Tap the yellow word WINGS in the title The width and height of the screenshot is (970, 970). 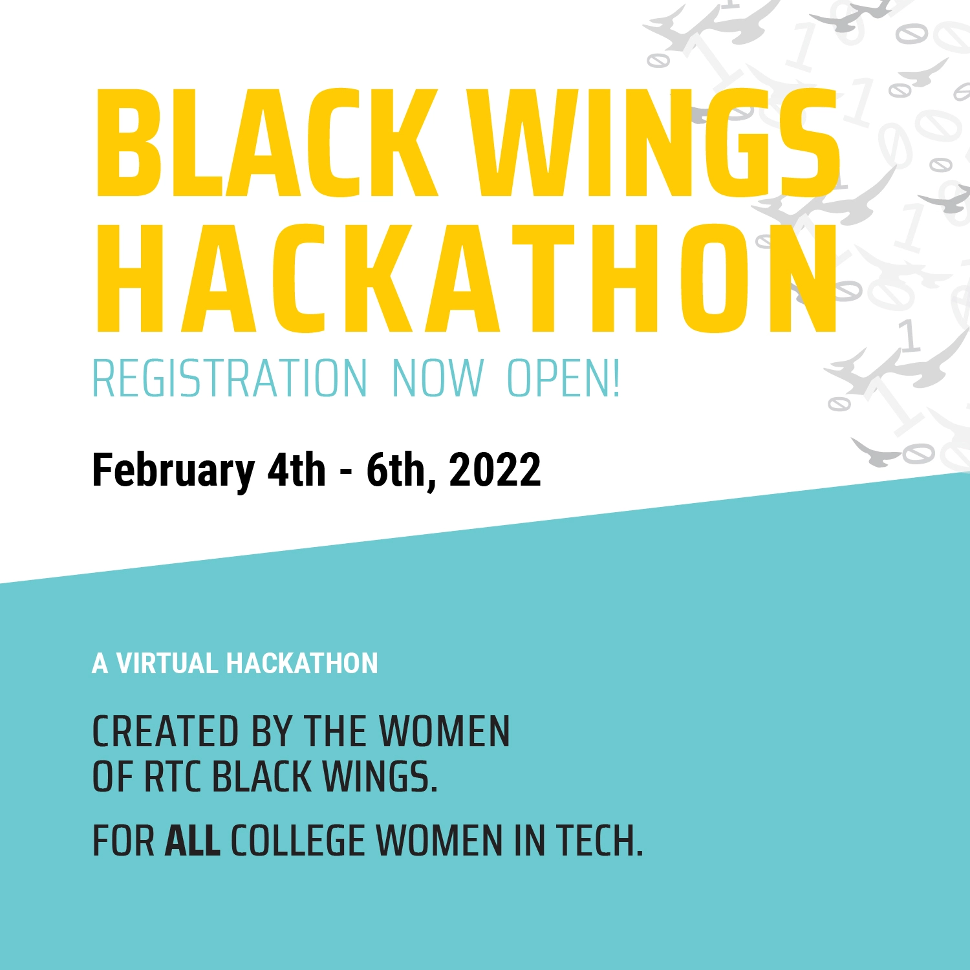tap(658, 142)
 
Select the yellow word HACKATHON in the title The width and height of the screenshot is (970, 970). tap(466, 279)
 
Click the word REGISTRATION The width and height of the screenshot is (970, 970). tap(230, 378)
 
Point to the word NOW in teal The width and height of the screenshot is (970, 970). tap(438, 378)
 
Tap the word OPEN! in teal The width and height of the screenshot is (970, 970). tap(563, 378)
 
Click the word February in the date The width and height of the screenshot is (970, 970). tap(173, 471)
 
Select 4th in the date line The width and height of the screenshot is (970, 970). tap(297, 469)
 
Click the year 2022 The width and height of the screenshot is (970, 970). tap(495, 469)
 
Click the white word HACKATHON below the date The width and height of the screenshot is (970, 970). tap(302, 663)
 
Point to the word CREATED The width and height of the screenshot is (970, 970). tap(166, 732)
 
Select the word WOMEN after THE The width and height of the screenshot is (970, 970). tap(444, 732)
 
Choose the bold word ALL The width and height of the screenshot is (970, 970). tap(193, 841)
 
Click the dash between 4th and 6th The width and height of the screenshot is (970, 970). tap(346, 473)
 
